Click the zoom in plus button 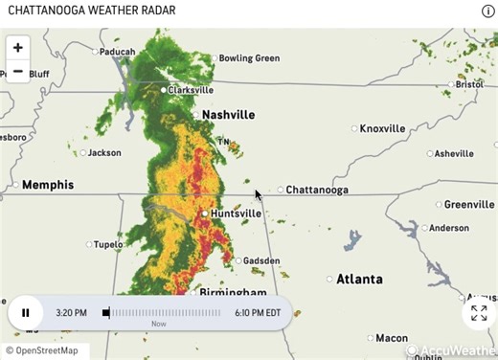tap(18, 47)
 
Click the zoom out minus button tap(18, 71)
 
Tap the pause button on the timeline tap(26, 312)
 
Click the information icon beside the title tap(487, 11)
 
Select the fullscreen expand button tap(479, 313)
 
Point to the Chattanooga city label tap(317, 190)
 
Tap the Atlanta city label tap(359, 280)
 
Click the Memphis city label tap(48, 185)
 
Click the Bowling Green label tap(249, 58)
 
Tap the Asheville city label tap(454, 153)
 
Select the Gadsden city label tap(261, 260)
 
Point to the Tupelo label tap(108, 244)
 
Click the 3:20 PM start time tap(72, 313)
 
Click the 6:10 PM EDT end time tap(258, 313)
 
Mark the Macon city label tap(391, 338)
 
